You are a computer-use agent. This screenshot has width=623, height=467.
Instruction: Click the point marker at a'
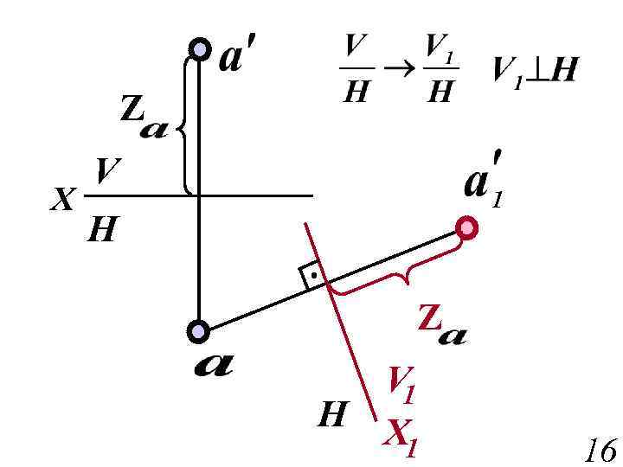point(200,49)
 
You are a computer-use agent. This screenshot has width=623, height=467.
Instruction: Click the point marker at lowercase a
point(199,330)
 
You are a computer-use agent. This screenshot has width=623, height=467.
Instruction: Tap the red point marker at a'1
point(467,227)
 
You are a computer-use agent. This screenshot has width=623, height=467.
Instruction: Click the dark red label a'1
point(481,182)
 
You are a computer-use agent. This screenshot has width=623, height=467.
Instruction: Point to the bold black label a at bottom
point(212,366)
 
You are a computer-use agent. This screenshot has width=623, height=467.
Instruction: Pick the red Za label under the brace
point(440,327)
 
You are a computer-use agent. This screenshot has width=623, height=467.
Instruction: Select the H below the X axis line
point(101,230)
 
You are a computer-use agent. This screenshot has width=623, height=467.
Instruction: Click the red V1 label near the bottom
point(401,385)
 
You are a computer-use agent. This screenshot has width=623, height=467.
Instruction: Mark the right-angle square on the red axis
point(311,275)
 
